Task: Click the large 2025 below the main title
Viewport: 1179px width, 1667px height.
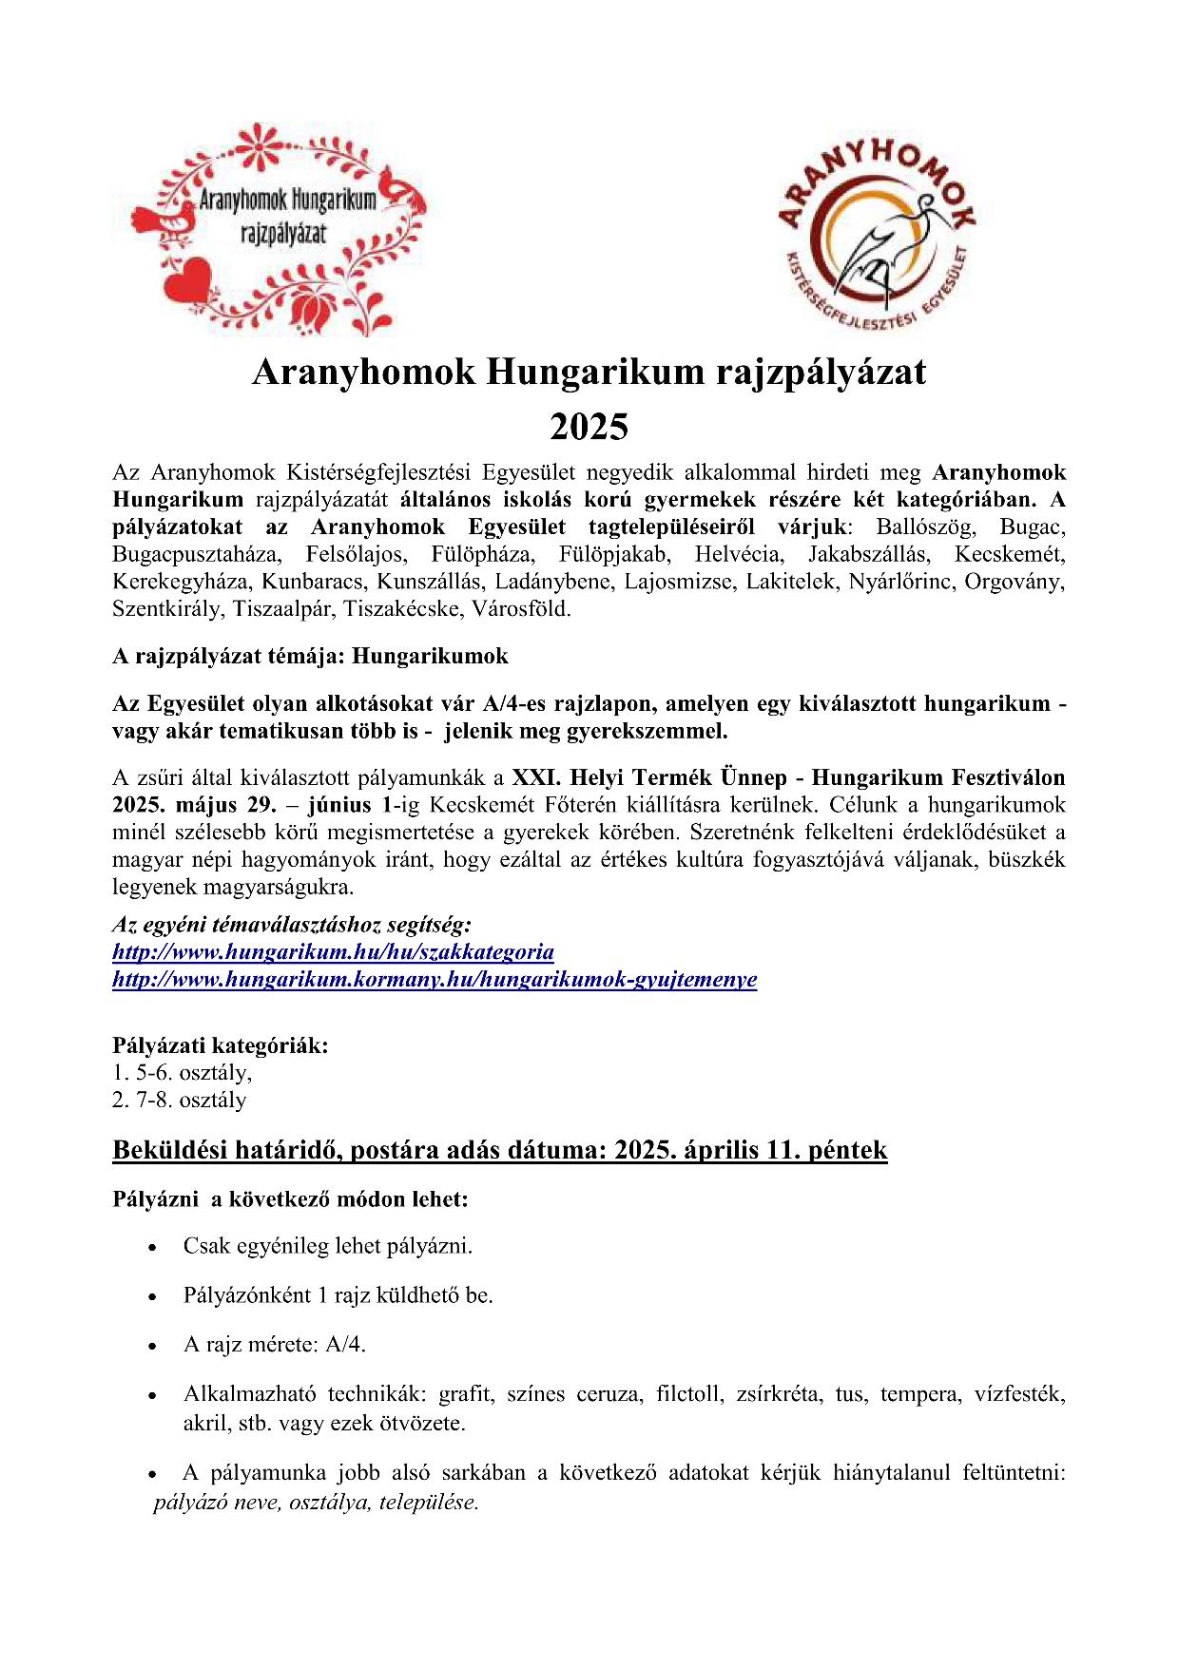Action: pos(589,427)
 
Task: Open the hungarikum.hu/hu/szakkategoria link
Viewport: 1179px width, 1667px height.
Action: pos(333,952)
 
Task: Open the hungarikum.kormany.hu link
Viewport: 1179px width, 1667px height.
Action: pos(435,980)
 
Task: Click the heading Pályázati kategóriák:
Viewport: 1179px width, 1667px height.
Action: pos(221,1045)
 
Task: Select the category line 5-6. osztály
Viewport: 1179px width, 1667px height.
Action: pos(183,1073)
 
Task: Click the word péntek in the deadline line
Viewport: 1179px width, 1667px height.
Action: pos(847,1150)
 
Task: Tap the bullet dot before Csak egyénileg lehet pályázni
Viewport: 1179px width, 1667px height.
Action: pos(152,1247)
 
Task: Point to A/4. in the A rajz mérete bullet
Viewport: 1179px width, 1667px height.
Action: pos(346,1345)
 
